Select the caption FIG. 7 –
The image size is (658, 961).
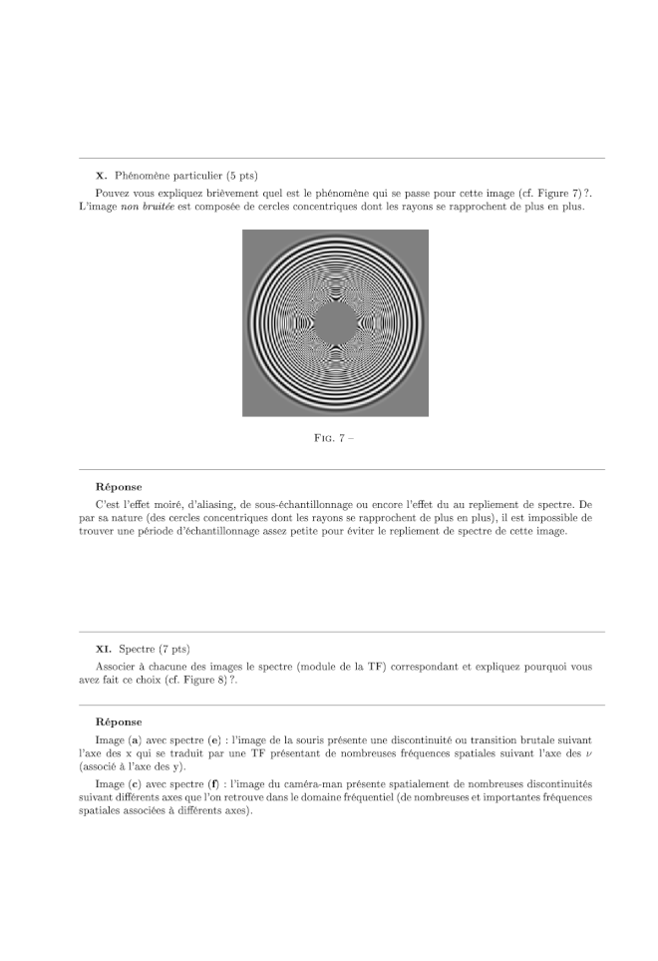pyautogui.click(x=334, y=439)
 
